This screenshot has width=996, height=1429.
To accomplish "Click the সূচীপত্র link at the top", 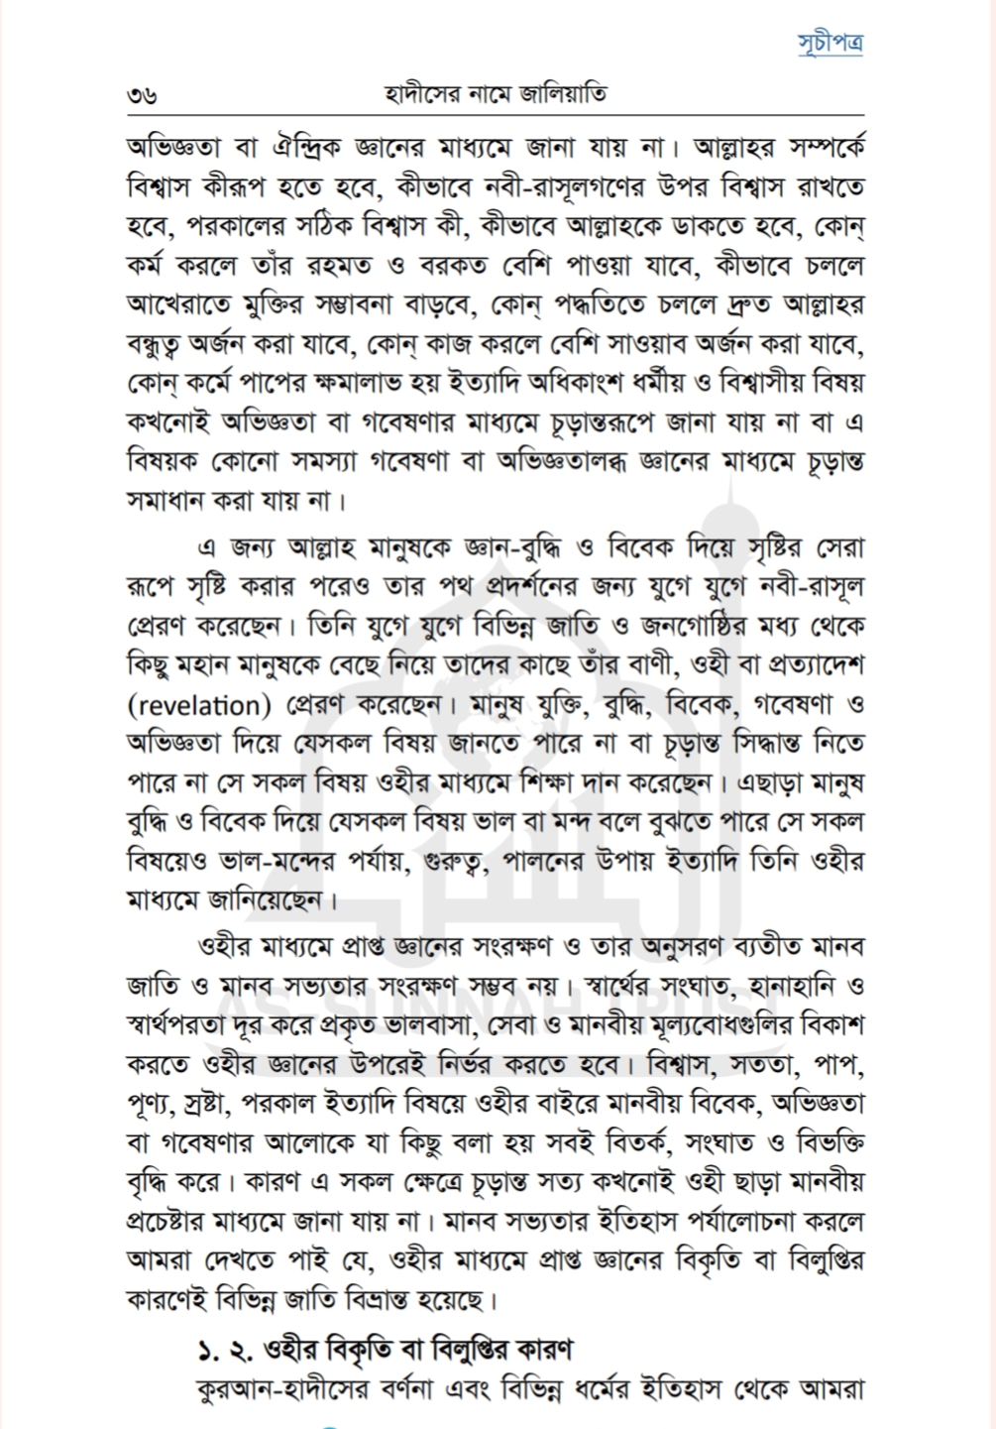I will coord(830,43).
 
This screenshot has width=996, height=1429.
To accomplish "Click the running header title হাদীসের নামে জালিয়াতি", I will coord(496,95).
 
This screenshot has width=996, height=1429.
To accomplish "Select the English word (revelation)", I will coord(205,706).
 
